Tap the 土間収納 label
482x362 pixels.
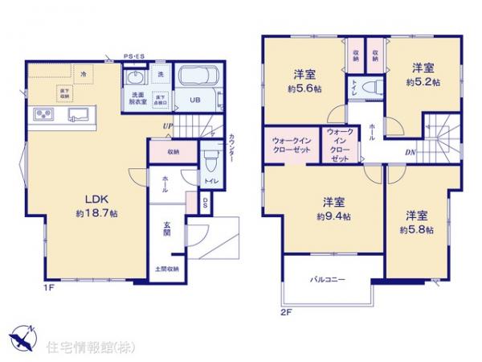pos(166,269)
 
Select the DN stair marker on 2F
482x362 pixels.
pos(410,152)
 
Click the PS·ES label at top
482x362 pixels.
pos(133,57)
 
